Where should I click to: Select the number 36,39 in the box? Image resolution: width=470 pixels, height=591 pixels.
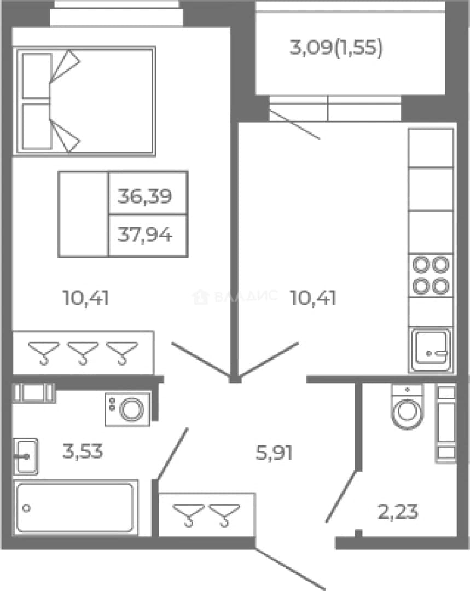145,196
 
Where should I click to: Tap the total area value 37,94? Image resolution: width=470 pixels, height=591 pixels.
145,235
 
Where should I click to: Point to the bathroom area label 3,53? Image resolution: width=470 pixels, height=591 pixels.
83,451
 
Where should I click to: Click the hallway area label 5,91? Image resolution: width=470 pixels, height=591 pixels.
274,453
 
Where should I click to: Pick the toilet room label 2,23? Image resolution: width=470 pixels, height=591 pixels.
398,512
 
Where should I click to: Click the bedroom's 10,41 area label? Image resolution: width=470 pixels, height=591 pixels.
85,298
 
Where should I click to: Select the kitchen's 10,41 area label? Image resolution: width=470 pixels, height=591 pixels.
313,298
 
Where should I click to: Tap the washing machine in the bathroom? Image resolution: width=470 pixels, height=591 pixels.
127,409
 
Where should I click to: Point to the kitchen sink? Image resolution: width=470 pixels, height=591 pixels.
431,350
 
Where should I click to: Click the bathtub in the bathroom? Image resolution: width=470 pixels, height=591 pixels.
76,507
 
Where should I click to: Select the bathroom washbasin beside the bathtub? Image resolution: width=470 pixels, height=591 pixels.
26,456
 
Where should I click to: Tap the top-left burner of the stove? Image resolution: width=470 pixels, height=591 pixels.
421,265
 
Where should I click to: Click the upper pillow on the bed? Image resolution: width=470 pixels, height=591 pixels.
37,76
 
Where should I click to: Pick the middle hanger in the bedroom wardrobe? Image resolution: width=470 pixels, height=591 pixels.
83,353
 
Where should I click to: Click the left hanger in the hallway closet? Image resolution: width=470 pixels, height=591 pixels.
188,515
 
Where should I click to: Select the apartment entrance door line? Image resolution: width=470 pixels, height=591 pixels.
289,569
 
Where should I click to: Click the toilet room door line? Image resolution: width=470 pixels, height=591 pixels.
341,496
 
